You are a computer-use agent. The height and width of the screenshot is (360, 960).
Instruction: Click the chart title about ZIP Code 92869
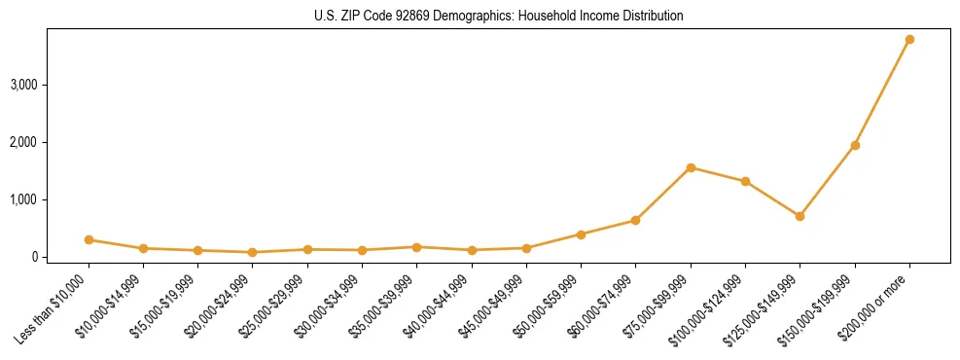click(499, 17)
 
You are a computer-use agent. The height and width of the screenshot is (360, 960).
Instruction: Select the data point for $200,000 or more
click(909, 40)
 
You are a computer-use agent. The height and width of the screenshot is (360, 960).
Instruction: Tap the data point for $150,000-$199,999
click(855, 146)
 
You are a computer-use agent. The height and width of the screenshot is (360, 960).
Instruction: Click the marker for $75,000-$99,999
click(691, 167)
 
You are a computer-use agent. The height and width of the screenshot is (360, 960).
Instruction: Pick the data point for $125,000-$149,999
click(800, 216)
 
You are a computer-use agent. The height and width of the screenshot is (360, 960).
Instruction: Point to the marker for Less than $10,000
click(89, 239)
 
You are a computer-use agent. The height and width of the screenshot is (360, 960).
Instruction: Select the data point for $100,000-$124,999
click(745, 181)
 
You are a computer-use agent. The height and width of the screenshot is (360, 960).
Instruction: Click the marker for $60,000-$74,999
click(635, 220)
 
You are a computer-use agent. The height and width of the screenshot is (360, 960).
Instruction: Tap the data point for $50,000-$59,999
click(581, 234)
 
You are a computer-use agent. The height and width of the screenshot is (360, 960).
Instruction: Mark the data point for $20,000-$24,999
click(253, 252)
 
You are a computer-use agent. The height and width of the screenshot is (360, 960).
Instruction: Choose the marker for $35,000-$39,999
click(416, 247)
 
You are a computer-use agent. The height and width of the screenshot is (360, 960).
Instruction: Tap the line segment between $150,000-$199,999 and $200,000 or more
click(882, 92)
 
